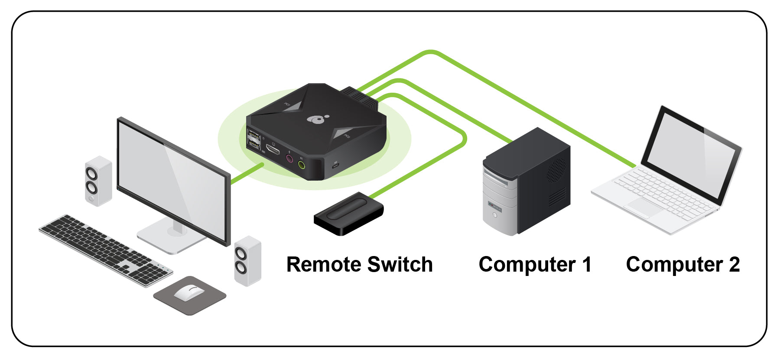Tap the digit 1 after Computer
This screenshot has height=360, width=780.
point(586,264)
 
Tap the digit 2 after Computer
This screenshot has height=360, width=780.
point(734,264)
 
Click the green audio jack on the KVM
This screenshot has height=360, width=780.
point(302,165)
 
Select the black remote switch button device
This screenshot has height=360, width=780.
point(349,214)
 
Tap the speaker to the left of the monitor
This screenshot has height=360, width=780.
point(98,181)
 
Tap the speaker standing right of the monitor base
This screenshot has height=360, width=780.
point(247,260)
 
